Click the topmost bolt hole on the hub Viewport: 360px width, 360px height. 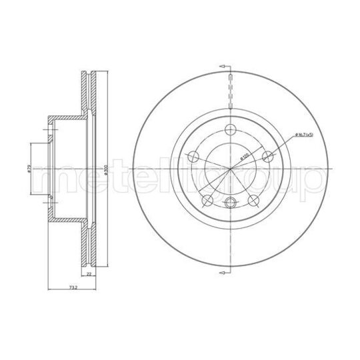point(231,130)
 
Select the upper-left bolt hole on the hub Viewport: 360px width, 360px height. point(194,157)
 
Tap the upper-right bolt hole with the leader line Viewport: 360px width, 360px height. point(268,157)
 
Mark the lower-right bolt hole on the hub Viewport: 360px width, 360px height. point(253,199)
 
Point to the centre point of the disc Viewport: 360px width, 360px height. point(231,169)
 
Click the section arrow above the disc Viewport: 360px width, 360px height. point(225,67)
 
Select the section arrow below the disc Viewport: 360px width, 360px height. point(225,274)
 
